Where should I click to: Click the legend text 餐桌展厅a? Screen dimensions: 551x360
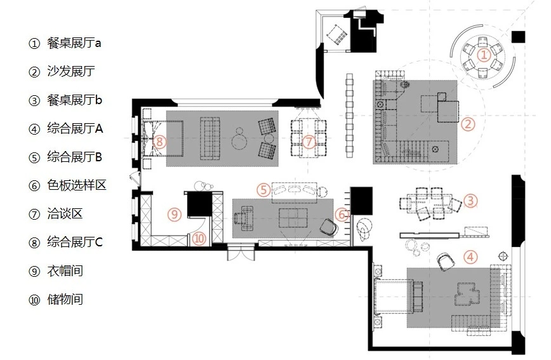(74, 43)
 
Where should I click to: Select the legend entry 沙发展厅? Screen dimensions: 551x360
(71, 71)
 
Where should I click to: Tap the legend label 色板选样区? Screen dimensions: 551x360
(77, 185)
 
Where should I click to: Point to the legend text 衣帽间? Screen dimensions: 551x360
(65, 270)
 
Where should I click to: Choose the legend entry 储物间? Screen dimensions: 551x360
(65, 300)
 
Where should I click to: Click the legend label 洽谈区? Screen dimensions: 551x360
(65, 214)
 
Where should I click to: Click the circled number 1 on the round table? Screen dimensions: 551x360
(484, 55)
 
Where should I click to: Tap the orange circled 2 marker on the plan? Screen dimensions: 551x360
(468, 124)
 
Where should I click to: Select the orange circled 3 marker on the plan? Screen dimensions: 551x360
(470, 201)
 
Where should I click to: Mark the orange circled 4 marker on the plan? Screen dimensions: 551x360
(470, 257)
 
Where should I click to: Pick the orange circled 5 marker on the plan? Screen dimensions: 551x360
(263, 190)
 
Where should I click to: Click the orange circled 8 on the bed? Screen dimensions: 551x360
(159, 142)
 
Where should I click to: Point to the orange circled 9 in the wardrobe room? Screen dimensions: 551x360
(175, 214)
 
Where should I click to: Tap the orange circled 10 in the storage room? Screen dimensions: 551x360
(199, 239)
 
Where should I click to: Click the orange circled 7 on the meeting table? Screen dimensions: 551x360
(309, 142)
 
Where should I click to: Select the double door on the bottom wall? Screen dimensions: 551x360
(241, 253)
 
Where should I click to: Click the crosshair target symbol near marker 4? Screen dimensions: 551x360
(503, 255)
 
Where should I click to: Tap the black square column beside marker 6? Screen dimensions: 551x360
(361, 201)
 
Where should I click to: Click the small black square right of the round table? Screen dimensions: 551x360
(519, 37)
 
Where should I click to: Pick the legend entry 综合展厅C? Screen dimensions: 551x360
(75, 243)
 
